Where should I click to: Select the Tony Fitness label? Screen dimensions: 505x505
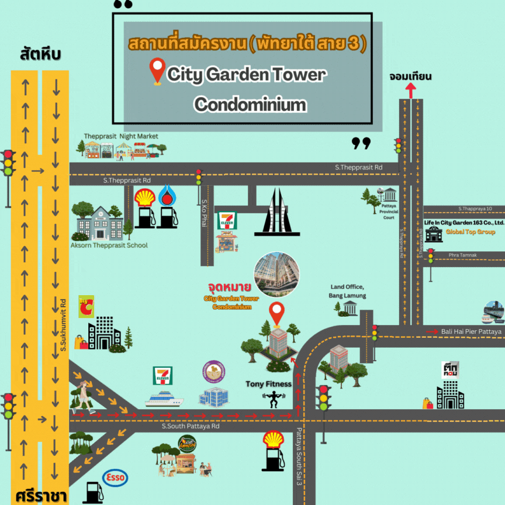click(268, 384)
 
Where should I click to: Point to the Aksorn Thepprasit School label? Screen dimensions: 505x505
click(109, 245)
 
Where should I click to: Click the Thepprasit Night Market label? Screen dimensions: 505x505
click(121, 136)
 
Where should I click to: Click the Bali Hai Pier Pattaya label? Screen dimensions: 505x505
click(471, 331)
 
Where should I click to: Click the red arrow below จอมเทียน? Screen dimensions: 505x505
click(410, 90)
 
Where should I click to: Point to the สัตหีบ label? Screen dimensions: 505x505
click(40, 55)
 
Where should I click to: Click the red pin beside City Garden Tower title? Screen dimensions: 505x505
click(157, 72)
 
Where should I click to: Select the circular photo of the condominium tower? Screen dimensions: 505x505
click(276, 273)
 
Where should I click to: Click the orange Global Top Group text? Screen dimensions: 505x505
click(470, 232)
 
